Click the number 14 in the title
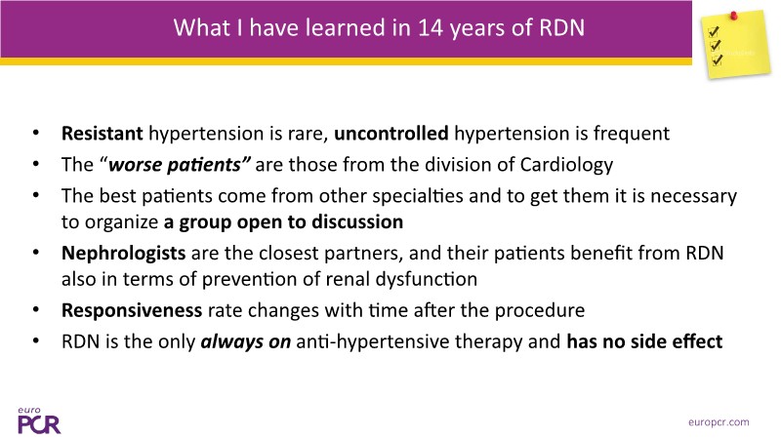pyautogui.click(x=430, y=27)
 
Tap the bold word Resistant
pyautogui.click(x=103, y=134)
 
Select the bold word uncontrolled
pyautogui.click(x=391, y=134)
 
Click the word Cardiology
pyautogui.click(x=566, y=165)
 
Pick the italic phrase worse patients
pyautogui.click(x=180, y=165)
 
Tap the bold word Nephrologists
pyautogui.click(x=124, y=254)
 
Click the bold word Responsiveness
pyautogui.click(x=132, y=311)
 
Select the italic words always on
pyautogui.click(x=246, y=342)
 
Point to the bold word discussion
pyautogui.click(x=357, y=222)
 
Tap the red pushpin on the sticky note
pyautogui.click(x=733, y=16)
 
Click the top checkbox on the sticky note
pyautogui.click(x=714, y=32)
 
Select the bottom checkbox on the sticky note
pyautogui.click(x=718, y=60)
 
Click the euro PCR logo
pyautogui.click(x=39, y=420)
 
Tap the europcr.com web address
pyautogui.click(x=719, y=422)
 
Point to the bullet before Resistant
pyautogui.click(x=36, y=133)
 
